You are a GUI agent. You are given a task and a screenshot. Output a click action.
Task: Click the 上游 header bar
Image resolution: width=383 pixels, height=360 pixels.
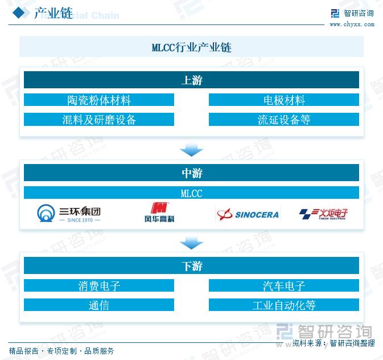(191, 80)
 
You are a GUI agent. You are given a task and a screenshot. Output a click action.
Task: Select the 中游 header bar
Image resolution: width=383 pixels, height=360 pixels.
(191, 173)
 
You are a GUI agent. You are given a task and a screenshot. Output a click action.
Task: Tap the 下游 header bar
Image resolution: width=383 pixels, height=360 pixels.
(191, 266)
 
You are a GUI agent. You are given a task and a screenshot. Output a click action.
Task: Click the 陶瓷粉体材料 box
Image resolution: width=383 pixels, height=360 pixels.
(99, 100)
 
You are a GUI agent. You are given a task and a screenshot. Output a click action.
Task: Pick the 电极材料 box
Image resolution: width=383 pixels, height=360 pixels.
(283, 100)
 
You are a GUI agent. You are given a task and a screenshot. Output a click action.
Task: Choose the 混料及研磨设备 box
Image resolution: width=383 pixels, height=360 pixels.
(99, 120)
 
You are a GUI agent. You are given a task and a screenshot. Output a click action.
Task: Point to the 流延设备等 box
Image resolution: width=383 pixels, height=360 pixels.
(283, 120)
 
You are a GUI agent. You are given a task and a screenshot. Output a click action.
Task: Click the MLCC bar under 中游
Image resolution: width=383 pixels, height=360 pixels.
(191, 193)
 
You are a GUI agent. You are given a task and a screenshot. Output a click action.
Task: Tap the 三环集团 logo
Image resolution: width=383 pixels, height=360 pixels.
(68, 214)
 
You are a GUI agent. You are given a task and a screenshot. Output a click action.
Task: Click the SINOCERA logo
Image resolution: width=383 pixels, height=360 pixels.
(248, 214)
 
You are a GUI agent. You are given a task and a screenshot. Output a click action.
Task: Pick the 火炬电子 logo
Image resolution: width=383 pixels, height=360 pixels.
(323, 214)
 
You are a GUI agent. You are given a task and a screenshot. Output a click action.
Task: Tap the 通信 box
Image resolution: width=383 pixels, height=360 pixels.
(99, 305)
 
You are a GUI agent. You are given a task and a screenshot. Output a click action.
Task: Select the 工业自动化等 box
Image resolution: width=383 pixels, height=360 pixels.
(283, 305)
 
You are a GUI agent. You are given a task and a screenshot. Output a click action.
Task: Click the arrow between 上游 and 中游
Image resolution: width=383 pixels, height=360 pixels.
(191, 150)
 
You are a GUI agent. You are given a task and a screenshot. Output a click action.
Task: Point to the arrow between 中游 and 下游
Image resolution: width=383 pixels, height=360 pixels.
(191, 243)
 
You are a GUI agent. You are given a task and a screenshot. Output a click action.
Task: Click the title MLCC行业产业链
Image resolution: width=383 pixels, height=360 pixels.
(191, 47)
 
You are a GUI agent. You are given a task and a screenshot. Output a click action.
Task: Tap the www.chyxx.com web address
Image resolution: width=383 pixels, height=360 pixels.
(351, 24)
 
